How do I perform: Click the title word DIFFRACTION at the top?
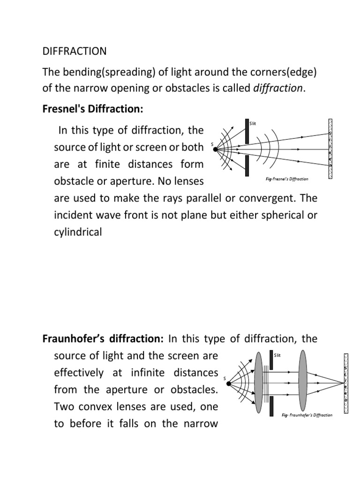pyautogui.click(x=75, y=51)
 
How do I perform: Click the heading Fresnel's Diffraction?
pyautogui.click(x=92, y=109)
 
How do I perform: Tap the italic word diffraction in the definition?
pyautogui.click(x=278, y=88)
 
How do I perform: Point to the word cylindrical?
pyautogui.click(x=78, y=232)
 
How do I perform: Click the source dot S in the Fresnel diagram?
pyautogui.click(x=215, y=150)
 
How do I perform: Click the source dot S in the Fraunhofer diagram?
pyautogui.click(x=229, y=383)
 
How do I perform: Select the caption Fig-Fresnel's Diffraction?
pyautogui.click(x=284, y=179)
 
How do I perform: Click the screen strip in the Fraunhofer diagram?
pyautogui.click(x=346, y=383)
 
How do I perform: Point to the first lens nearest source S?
pyautogui.click(x=258, y=383)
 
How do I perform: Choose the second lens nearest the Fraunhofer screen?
pyautogui.click(x=302, y=383)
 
